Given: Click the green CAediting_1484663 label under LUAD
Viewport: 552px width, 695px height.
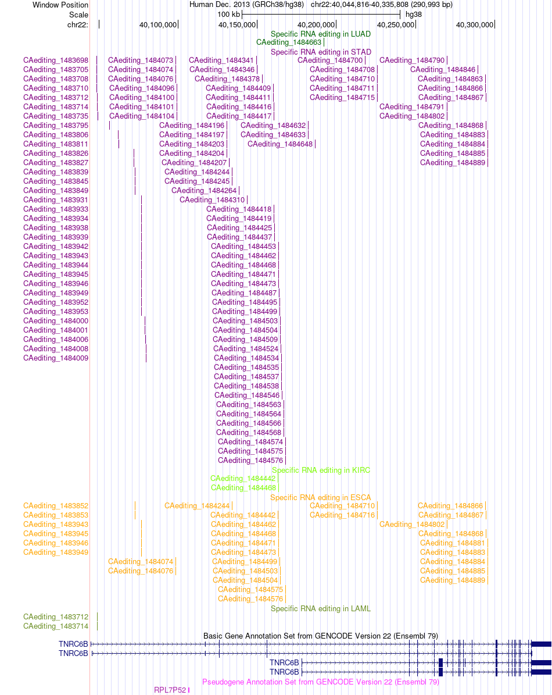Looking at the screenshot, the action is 289,42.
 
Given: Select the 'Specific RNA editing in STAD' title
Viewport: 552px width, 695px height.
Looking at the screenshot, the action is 321,52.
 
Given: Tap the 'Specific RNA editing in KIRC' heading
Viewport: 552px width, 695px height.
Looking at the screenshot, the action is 321,471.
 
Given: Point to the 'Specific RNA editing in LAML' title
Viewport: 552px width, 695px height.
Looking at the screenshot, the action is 321,608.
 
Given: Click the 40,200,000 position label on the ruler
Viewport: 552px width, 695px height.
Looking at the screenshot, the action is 316,25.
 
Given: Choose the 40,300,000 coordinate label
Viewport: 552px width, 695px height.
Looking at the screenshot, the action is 475,25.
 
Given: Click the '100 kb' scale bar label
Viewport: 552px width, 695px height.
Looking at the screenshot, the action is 229,15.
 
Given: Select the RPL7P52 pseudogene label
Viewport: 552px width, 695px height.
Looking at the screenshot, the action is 170,690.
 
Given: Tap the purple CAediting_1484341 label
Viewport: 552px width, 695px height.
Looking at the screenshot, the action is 221,60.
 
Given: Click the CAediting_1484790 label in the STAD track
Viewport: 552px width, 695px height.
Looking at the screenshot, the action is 412,60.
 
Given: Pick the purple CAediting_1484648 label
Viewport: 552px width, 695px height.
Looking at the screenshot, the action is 280,144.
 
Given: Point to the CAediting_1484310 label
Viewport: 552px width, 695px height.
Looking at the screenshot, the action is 212,200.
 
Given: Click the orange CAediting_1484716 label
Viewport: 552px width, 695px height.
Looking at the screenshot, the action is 342,515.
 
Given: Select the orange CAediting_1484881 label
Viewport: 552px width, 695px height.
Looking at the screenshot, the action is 453,543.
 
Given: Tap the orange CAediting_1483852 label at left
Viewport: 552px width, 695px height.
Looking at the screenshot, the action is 56,506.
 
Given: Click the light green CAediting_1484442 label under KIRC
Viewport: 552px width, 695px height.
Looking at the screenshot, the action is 242,479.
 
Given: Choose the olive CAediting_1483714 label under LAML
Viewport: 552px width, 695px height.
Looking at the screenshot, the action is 56,626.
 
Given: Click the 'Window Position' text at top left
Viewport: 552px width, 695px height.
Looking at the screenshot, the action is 60,5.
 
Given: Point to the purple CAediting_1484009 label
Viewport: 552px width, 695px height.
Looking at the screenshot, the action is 56,358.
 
